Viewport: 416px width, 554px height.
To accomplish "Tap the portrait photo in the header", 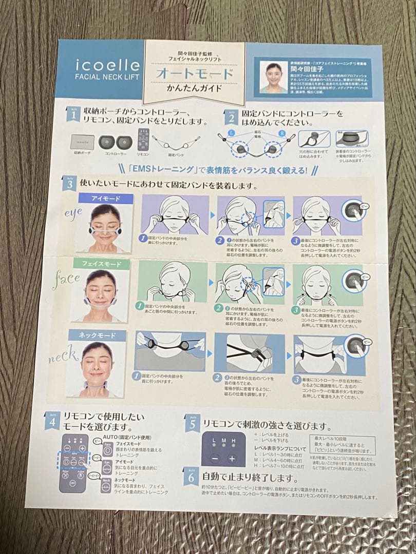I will click(273, 77).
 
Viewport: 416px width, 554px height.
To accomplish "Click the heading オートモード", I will click(195, 74).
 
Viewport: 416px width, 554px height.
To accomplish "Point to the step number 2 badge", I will click(231, 117).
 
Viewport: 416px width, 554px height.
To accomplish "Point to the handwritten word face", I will click(66, 279).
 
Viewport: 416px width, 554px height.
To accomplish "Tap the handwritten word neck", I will click(63, 354).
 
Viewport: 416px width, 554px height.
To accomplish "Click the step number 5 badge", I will click(192, 423).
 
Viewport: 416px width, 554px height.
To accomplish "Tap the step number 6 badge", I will click(190, 478).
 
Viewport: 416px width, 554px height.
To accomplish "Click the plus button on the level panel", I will click(232, 459).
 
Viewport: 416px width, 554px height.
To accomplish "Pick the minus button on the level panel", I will click(215, 459).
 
